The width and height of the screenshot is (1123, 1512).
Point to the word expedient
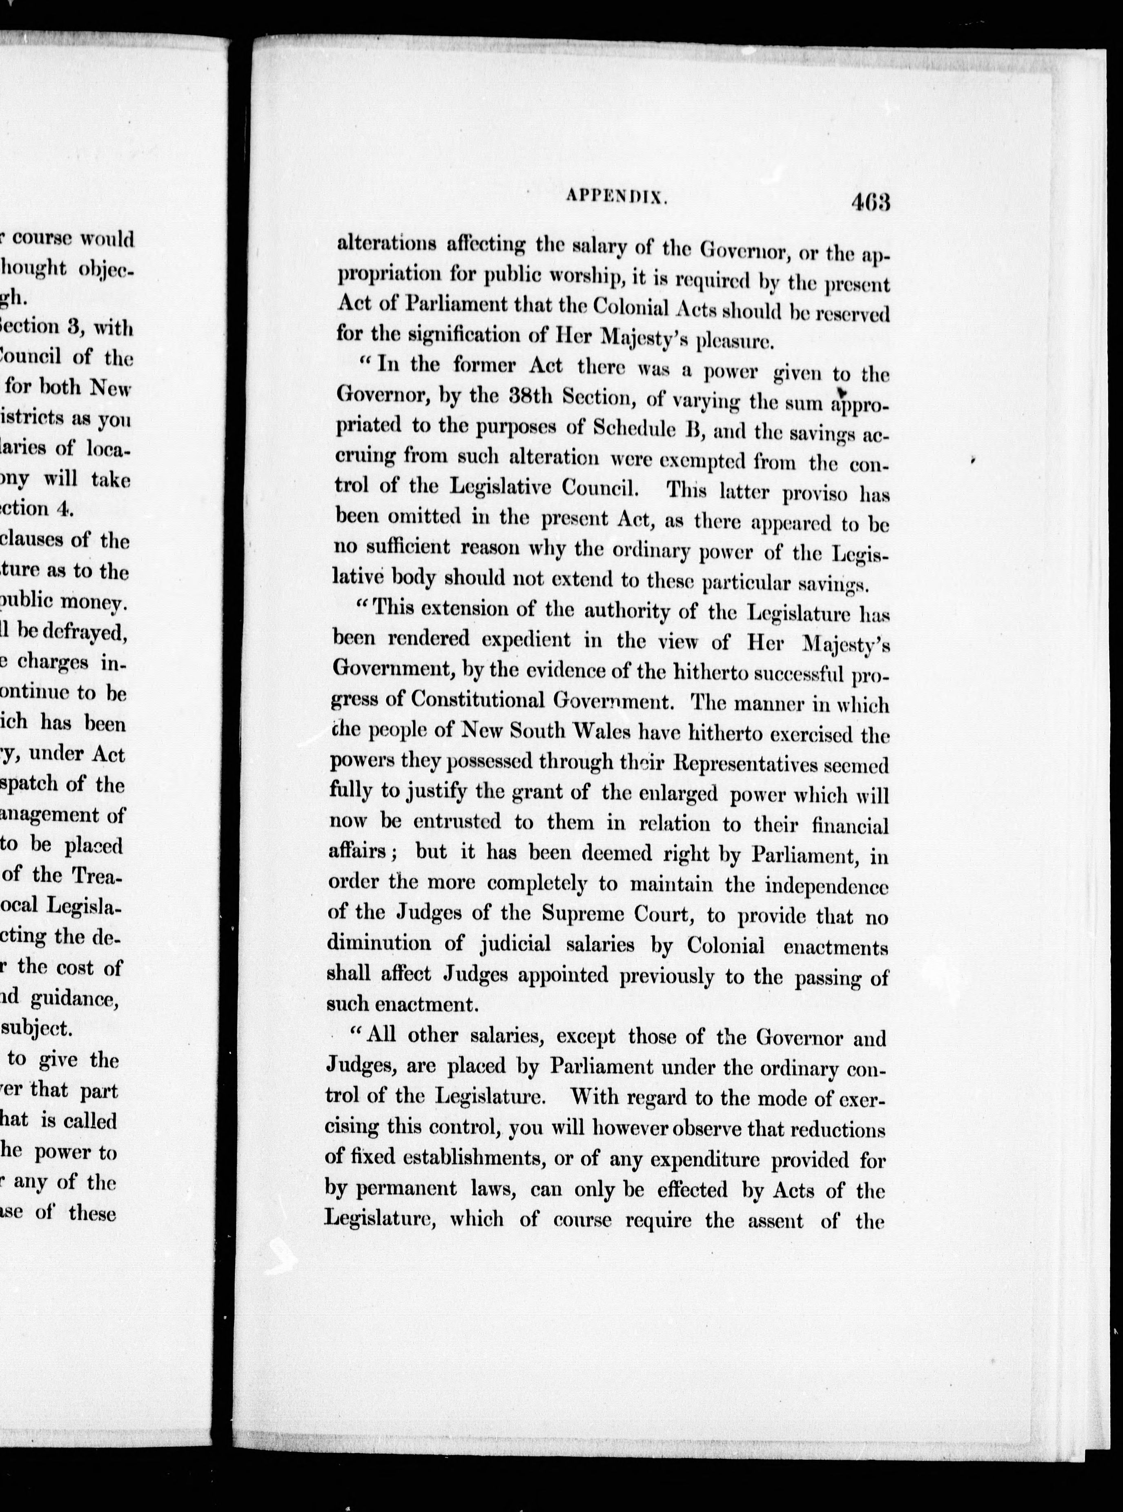(526, 639)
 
